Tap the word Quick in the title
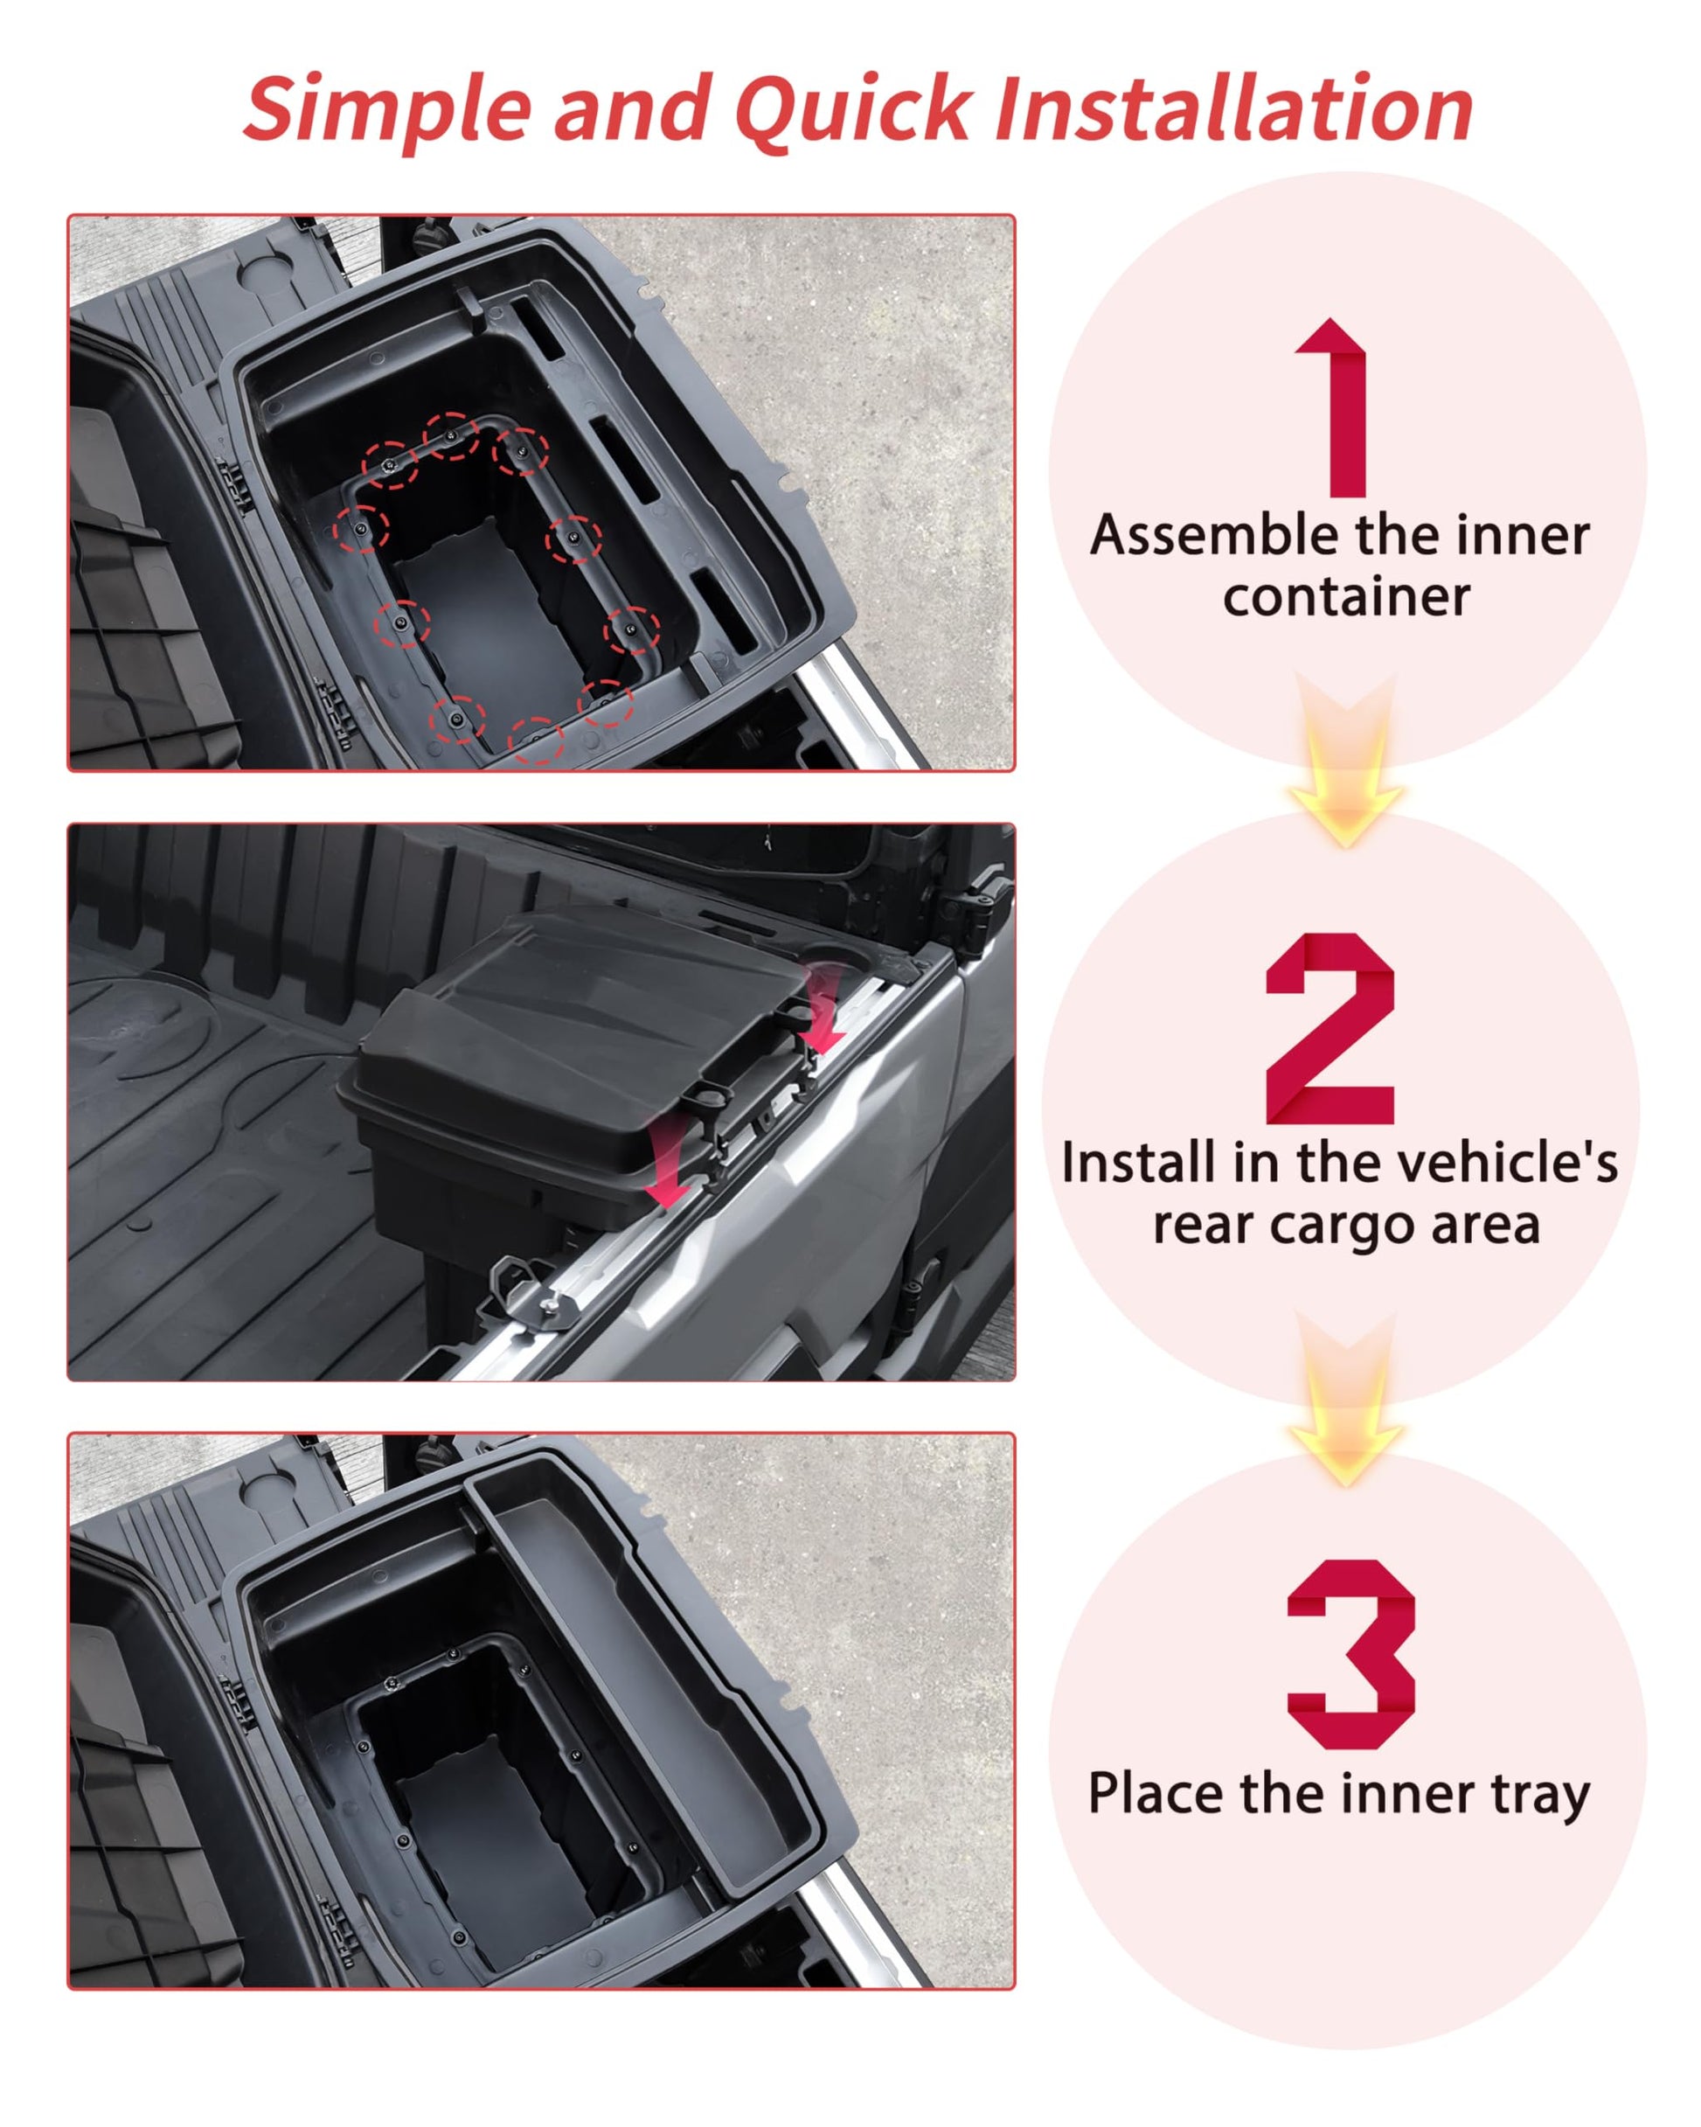coord(852,108)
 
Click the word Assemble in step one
coord(1216,536)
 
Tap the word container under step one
coord(1346,597)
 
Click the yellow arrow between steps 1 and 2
coord(1345,760)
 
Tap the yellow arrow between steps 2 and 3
coord(1345,1399)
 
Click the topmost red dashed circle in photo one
coord(451,435)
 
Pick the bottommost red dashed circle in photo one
coord(535,740)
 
